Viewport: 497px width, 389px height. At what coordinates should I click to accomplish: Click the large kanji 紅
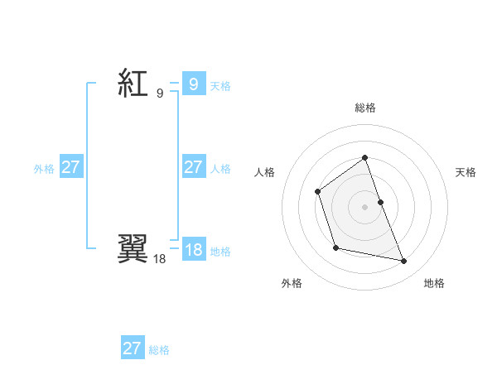[133, 83]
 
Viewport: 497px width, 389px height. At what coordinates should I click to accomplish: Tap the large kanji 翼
[133, 249]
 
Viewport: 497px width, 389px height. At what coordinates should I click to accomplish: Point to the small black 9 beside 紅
[159, 94]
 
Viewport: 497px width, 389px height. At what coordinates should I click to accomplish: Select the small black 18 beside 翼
[159, 259]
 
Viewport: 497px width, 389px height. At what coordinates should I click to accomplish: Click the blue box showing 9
[193, 84]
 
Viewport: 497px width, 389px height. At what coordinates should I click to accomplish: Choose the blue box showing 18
[193, 250]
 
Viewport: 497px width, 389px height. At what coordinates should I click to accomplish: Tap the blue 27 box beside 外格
[70, 167]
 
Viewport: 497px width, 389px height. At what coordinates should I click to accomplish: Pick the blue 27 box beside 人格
[193, 167]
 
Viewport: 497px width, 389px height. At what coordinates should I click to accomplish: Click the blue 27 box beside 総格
[132, 348]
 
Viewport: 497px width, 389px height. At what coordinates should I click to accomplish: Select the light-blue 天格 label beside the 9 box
[220, 86]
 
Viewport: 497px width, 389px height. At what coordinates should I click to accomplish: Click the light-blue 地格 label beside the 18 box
[220, 252]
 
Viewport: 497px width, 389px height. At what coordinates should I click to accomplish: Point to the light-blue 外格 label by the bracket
[44, 169]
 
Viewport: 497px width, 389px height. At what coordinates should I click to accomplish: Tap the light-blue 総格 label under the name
[159, 350]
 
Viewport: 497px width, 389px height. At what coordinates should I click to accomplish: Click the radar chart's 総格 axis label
[364, 108]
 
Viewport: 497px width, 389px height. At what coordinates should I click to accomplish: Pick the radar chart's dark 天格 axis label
[466, 172]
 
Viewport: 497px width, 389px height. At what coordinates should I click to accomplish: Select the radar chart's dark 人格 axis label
[264, 172]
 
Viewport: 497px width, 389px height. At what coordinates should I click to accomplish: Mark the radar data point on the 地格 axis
[404, 262]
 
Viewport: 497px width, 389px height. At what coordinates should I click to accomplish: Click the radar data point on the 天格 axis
[380, 202]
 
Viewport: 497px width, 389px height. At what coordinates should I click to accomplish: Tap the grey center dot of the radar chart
[364, 207]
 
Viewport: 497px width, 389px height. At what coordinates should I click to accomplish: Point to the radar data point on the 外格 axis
[335, 247]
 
